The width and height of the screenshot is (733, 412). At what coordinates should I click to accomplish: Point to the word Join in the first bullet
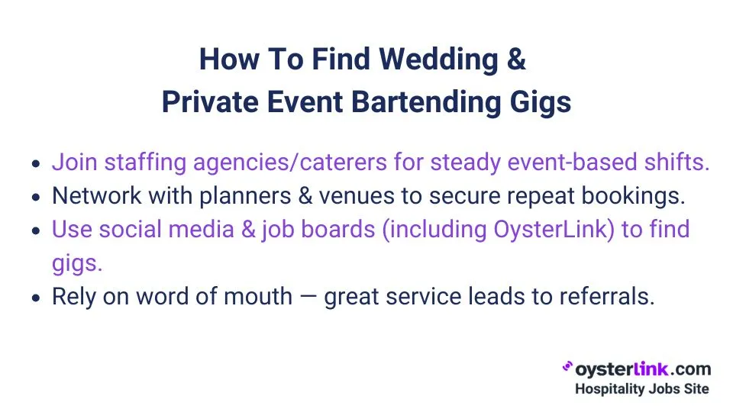point(74,163)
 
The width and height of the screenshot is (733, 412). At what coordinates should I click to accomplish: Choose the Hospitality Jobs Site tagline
point(642,389)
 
